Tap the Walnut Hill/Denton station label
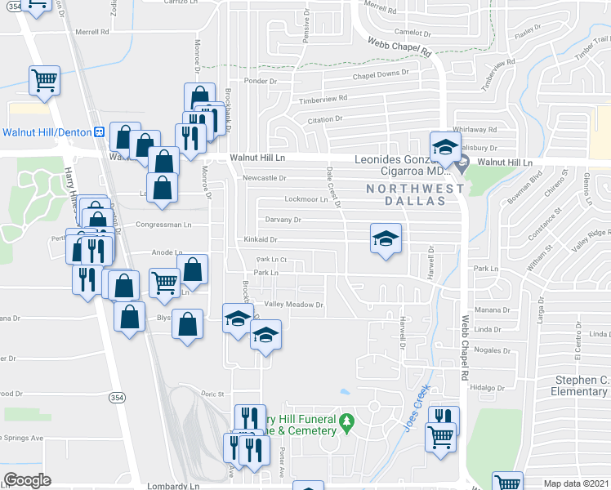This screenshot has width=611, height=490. (x=47, y=131)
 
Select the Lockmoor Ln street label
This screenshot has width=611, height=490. (x=305, y=199)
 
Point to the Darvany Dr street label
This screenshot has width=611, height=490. (x=283, y=220)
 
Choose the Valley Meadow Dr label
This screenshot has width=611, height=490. (x=294, y=305)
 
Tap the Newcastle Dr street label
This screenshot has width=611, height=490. (x=265, y=178)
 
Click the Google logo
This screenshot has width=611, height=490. (x=28, y=480)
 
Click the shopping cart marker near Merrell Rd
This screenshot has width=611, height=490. (x=44, y=81)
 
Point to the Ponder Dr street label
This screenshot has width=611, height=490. (x=261, y=81)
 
